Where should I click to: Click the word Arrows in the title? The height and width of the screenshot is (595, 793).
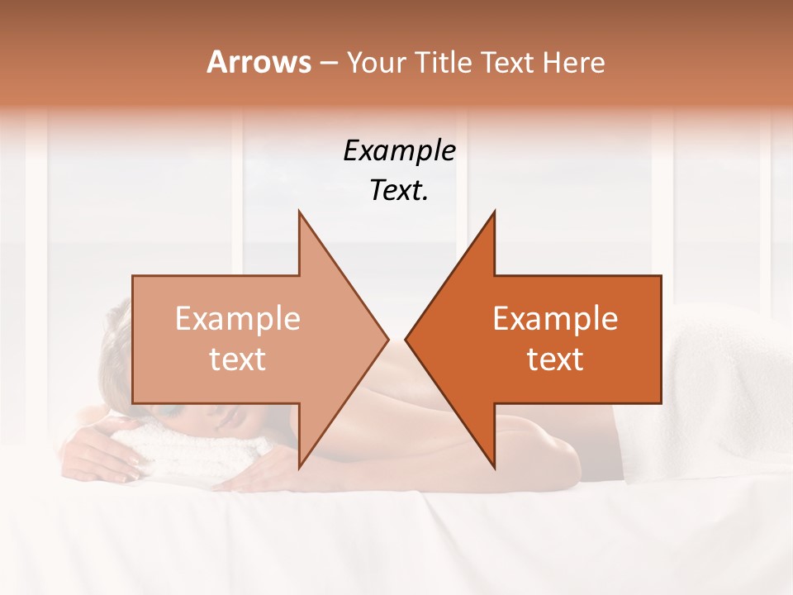259,63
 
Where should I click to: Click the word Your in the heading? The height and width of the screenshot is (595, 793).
377,63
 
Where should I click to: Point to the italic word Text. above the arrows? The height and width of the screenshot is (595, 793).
399,191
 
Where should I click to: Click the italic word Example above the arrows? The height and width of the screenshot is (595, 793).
399,151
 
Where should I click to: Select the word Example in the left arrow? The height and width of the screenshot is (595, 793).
237,319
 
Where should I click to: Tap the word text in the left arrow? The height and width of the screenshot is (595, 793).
237,359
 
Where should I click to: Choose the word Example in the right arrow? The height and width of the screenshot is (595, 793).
555,319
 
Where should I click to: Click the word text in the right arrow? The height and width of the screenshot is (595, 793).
555,359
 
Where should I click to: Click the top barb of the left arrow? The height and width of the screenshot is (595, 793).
300,216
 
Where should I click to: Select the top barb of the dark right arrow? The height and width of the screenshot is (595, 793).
493,216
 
